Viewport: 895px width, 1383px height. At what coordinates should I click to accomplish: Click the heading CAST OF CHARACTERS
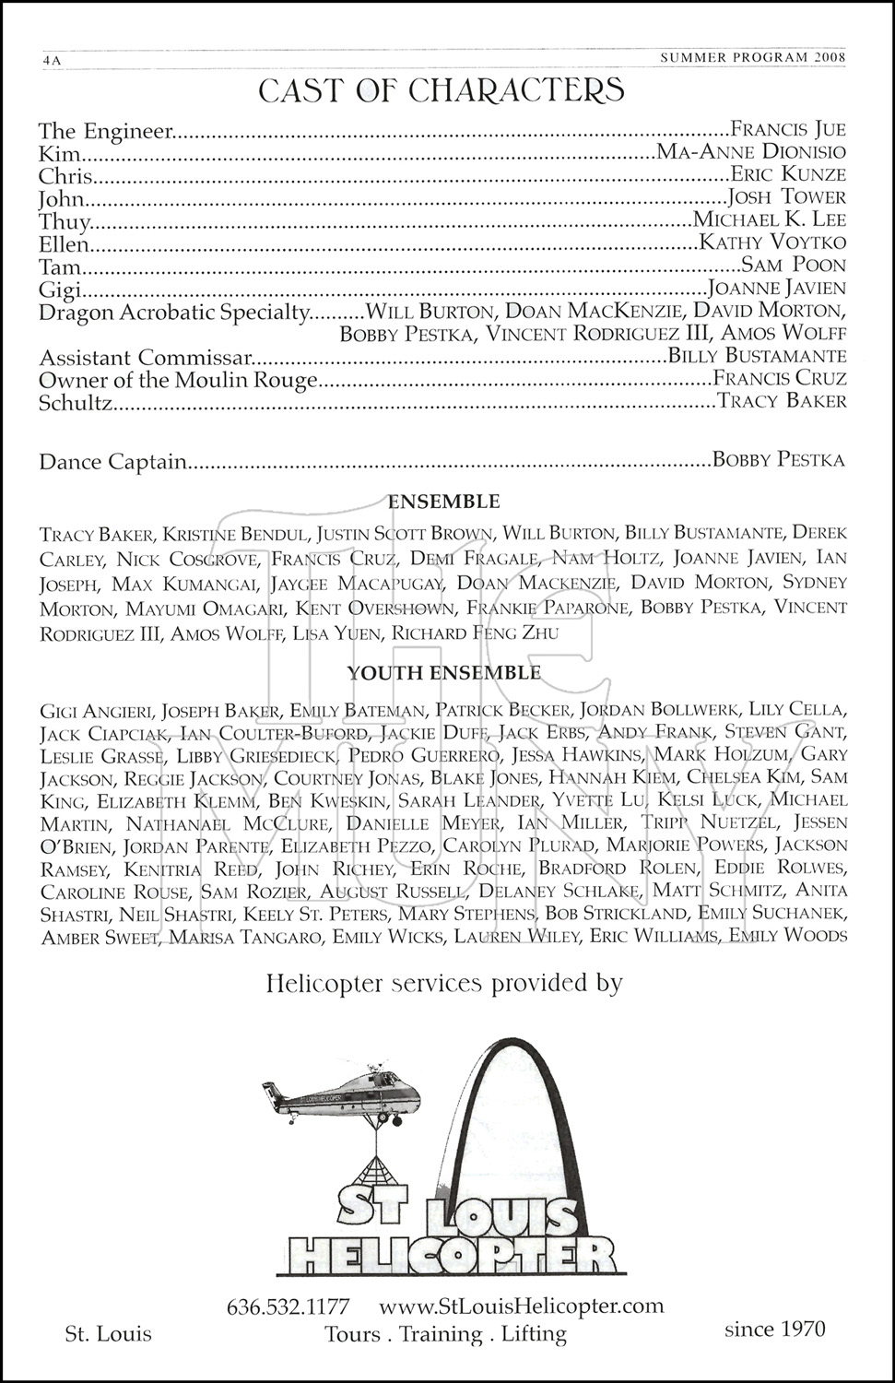coord(442,90)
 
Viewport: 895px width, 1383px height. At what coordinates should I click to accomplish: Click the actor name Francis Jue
coord(787,130)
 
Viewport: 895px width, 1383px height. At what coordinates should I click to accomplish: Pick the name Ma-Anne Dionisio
coord(750,152)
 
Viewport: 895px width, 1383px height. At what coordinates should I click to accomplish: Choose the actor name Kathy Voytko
coord(772,243)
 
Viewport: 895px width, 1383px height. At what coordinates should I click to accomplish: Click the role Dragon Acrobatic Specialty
coord(171,313)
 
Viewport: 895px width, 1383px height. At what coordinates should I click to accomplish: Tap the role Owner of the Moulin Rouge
coord(178,380)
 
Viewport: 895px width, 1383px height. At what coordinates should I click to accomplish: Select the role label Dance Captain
coord(112,462)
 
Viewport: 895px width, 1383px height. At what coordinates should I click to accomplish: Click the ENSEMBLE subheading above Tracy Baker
coord(444,502)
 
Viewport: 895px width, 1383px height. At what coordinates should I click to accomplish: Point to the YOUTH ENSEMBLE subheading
coord(443,673)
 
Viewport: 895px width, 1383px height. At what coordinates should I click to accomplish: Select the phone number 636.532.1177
coord(288,1306)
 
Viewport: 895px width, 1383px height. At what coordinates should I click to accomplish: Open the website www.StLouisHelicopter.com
coord(521,1306)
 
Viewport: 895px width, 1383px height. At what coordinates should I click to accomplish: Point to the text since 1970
coord(775,1329)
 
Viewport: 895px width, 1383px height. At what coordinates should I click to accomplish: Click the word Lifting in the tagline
coord(534,1334)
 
